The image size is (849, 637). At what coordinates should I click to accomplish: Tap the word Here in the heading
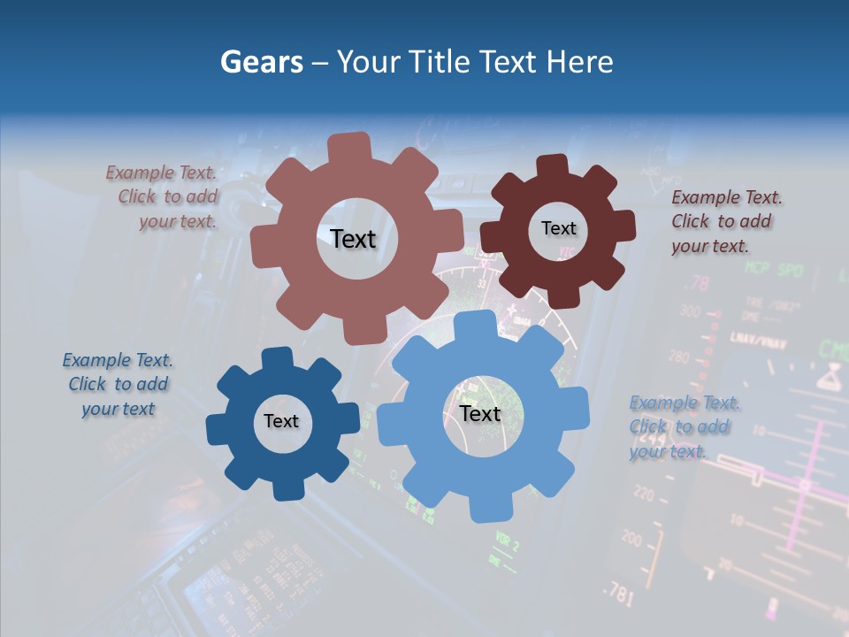click(579, 62)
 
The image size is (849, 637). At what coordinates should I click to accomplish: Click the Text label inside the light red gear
click(353, 239)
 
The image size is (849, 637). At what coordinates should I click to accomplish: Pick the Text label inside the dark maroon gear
click(558, 228)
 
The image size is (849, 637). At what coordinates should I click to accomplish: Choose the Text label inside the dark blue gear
click(281, 421)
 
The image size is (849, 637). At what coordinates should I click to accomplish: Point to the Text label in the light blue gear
click(480, 413)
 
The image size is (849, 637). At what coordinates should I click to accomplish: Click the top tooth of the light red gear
click(349, 147)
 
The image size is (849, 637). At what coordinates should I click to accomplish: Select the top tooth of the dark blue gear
click(277, 359)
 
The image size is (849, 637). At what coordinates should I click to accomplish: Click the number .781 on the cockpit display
click(618, 595)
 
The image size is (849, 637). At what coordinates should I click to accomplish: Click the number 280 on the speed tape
click(679, 357)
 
